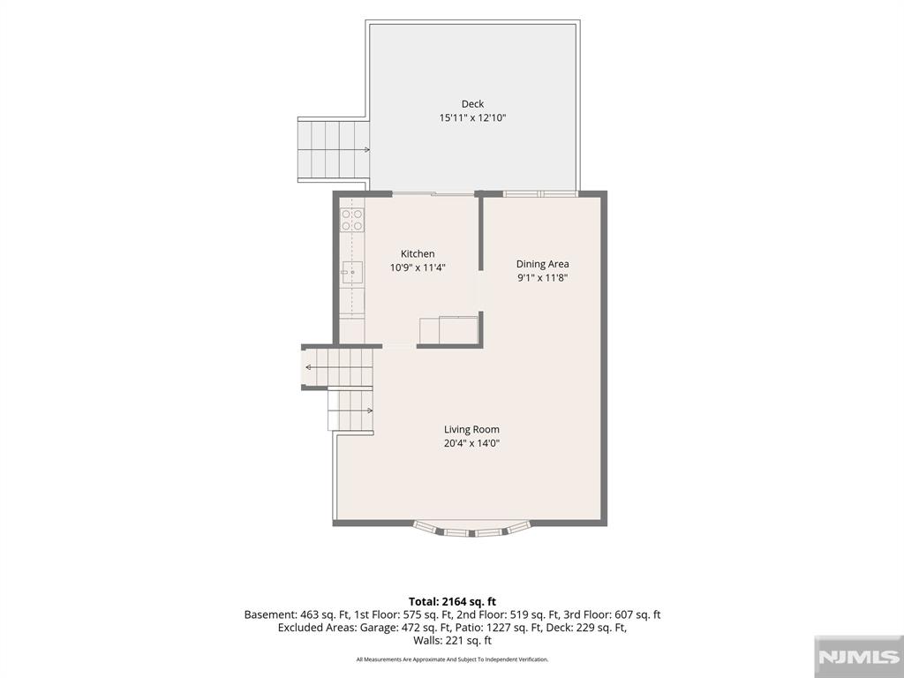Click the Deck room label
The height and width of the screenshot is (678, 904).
click(472, 104)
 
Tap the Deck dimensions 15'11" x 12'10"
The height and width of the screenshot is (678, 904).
click(472, 117)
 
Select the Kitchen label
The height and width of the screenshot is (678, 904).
click(418, 253)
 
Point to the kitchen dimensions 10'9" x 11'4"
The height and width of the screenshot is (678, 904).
click(418, 267)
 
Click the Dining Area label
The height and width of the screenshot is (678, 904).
click(542, 264)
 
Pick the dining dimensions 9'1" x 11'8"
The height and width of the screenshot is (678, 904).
click(542, 278)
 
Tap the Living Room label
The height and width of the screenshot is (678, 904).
click(471, 430)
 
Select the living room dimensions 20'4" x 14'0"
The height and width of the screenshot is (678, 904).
click(471, 443)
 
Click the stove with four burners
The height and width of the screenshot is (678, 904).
click(352, 220)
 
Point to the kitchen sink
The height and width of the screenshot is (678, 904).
click(352, 272)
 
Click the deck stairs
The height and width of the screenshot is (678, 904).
click(334, 150)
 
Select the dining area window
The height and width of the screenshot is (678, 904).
click(540, 193)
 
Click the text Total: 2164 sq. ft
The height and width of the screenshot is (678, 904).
click(453, 602)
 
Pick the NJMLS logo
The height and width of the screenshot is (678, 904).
click(859, 657)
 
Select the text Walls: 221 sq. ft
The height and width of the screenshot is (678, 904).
click(453, 641)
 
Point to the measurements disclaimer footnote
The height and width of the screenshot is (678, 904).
click(453, 659)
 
